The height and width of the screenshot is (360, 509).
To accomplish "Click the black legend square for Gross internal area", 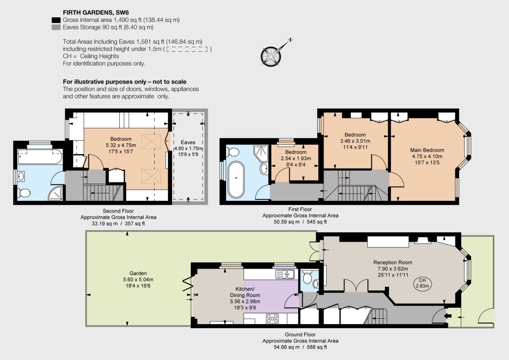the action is coord(56,20).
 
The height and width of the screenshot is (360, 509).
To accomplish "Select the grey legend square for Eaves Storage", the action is coord(56,27).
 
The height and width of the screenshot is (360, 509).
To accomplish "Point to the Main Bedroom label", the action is coord(427,150).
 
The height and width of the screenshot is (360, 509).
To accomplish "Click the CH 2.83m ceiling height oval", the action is coord(422,283).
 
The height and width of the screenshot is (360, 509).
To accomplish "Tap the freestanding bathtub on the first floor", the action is coord(236,180).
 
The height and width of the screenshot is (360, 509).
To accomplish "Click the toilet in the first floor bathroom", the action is coord(234,152).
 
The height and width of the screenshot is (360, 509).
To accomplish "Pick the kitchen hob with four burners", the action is coord(272,318).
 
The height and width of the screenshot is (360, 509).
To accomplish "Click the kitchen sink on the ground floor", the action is coord(285,274).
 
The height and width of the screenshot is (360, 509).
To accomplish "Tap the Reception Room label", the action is coord(393,262).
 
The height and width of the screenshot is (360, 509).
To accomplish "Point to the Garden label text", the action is coord(138,273).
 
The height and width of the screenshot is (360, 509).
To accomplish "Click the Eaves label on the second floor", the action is coord(188,142).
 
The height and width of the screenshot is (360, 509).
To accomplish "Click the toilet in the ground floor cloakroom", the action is coord(306,278).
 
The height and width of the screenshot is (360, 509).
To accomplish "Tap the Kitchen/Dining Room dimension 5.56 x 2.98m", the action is coord(245,301).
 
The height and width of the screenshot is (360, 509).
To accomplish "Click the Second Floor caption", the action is coord(118,211).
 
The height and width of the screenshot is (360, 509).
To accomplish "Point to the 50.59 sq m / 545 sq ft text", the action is coord(300,222).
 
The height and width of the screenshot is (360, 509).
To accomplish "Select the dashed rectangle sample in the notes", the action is coord(189,49).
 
